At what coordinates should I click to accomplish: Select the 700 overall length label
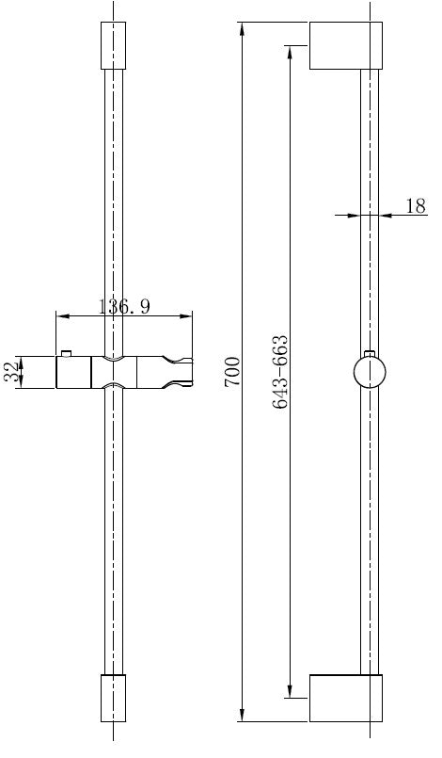click(x=232, y=372)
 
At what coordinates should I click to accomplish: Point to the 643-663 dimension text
click(x=279, y=372)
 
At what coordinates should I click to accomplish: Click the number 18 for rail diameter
click(x=415, y=206)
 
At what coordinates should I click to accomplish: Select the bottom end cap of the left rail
click(x=112, y=698)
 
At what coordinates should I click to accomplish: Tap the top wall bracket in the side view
click(x=345, y=45)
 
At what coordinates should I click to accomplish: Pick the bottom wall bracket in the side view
click(x=345, y=698)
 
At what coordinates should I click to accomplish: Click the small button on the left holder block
click(x=66, y=353)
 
